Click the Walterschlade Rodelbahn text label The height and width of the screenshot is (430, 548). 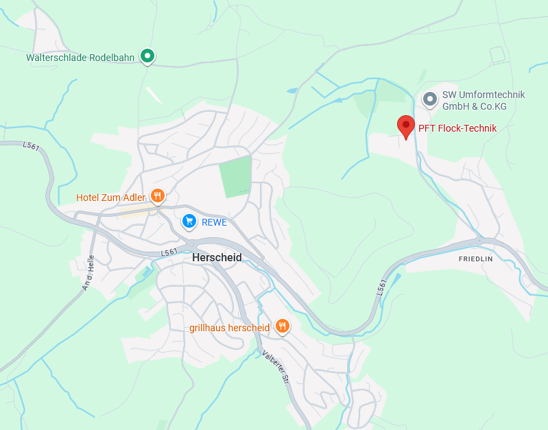click(x=80, y=58)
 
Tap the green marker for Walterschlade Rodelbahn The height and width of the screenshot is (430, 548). click(x=147, y=56)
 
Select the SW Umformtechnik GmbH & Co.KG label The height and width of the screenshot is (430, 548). click(x=473, y=100)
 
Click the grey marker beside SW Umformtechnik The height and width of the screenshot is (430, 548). click(x=430, y=99)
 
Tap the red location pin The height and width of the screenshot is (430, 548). click(x=406, y=126)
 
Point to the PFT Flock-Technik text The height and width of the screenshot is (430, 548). click(x=457, y=128)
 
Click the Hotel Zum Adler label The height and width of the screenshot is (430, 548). click(x=110, y=198)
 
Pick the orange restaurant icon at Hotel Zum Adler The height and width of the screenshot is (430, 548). click(x=157, y=196)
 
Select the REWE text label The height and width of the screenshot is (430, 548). click(x=214, y=222)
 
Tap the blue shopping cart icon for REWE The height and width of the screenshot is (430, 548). click(x=189, y=221)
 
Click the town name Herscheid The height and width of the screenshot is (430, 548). click(x=217, y=257)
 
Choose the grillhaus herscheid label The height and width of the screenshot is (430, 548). click(x=229, y=328)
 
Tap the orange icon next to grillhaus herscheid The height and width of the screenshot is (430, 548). click(x=282, y=326)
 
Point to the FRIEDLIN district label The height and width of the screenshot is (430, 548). click(x=476, y=259)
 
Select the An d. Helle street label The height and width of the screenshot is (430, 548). click(x=88, y=272)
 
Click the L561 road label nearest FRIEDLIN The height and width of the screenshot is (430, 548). click(x=382, y=287)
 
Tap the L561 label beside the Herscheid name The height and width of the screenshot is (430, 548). click(x=169, y=253)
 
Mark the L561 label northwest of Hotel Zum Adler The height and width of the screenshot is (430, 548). click(x=31, y=145)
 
